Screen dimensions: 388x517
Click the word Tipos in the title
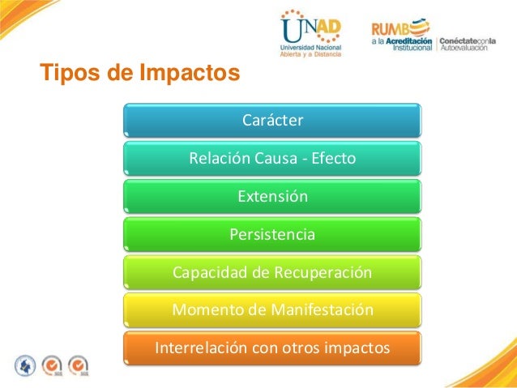tap(66, 74)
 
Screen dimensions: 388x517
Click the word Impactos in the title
tap(189, 74)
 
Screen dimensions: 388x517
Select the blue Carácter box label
tap(272, 121)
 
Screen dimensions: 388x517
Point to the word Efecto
tap(331, 158)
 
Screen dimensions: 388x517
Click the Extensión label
tap(272, 197)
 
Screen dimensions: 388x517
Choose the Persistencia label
tap(272, 235)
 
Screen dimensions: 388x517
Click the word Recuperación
tap(322, 273)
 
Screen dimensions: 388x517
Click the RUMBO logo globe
tap(421, 23)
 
